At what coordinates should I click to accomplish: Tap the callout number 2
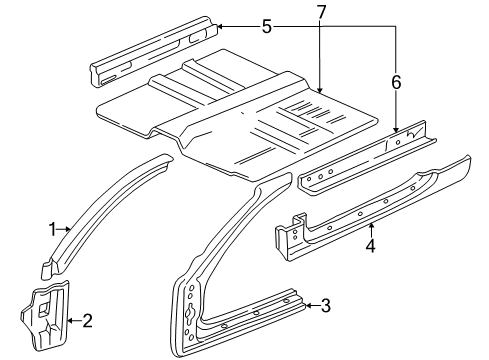point(88,320)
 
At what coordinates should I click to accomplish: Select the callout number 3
point(325,306)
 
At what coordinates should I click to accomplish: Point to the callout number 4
point(370,243)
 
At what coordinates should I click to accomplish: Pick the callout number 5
point(265,27)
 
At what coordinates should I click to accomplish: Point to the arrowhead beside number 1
point(69,229)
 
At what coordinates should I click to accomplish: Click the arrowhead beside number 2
point(72,320)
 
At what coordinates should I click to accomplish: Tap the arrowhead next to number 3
point(309,306)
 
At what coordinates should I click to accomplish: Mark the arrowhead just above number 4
point(370,227)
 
